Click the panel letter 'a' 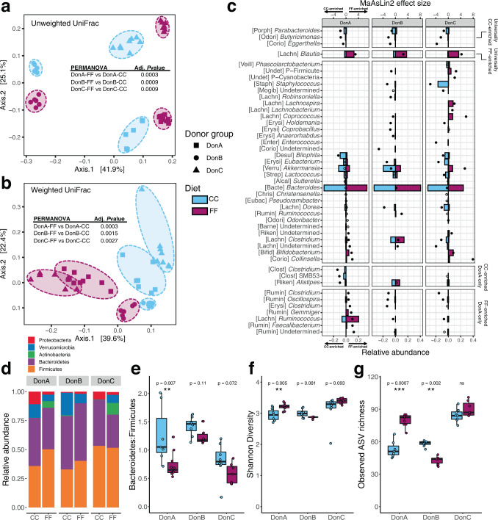click(7, 7)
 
